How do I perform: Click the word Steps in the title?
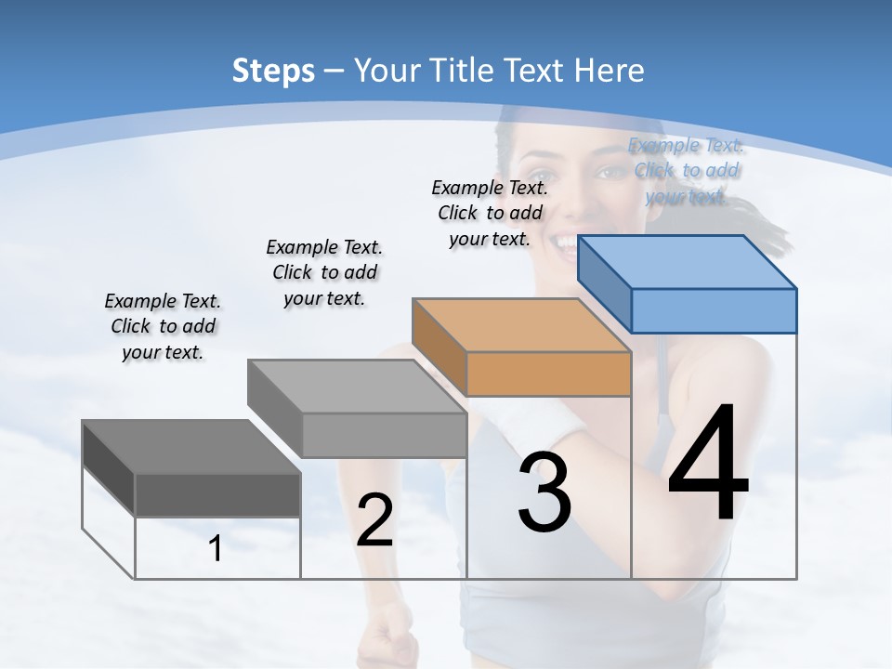coord(273,71)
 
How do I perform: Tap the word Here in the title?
coord(610,71)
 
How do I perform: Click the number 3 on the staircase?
coord(544,492)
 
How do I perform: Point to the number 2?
coord(374,521)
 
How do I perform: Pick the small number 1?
coord(216,549)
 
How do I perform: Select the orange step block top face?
coord(520,325)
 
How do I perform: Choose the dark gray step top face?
coord(190,447)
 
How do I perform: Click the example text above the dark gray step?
coord(163,326)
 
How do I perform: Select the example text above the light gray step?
coord(324,272)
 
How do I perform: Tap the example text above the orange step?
coord(490,213)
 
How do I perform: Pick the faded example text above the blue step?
coord(686,170)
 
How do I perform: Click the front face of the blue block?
coord(714,310)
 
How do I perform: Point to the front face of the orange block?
coord(548,374)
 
